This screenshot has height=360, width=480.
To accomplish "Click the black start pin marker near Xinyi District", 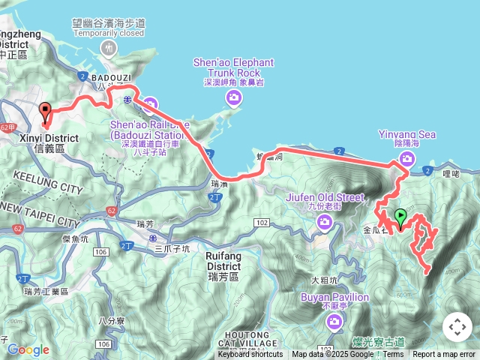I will [45, 113].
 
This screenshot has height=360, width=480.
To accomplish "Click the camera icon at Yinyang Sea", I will [406, 158].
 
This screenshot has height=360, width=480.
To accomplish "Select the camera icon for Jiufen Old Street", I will [325, 220].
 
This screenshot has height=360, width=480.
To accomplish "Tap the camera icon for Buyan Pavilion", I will [334, 322].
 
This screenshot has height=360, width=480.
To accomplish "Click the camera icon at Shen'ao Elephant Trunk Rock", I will [235, 97].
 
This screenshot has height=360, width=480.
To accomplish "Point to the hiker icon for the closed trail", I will [109, 49].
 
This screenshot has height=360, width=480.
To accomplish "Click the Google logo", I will [28, 349].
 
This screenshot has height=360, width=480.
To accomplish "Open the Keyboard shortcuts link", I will [250, 355].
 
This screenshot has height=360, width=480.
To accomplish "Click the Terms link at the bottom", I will [393, 355].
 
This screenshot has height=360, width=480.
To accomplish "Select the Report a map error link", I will [444, 355].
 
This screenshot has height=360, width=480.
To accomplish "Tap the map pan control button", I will [457, 327].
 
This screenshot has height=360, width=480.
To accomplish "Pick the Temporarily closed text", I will [109, 34].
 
